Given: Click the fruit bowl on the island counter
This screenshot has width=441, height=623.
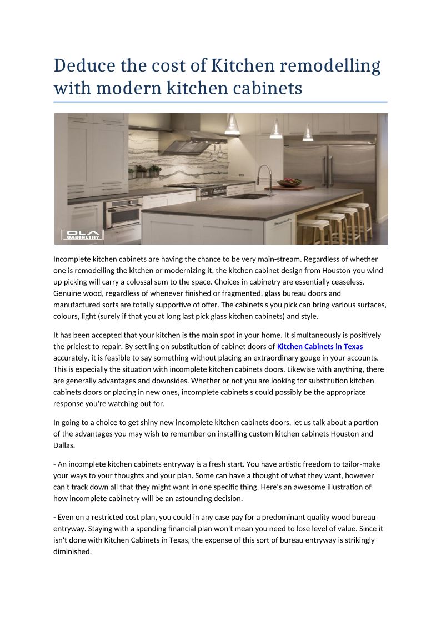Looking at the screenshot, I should click(289, 182).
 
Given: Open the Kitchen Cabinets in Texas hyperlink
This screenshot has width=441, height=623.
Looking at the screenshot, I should click(319, 347).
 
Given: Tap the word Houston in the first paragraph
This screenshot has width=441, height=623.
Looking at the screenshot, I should click(337, 270).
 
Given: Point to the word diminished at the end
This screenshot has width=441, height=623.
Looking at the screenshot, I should click(72, 552).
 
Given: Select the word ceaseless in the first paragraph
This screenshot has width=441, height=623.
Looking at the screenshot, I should click(348, 282).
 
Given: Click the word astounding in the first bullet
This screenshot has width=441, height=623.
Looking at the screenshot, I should click(205, 498).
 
